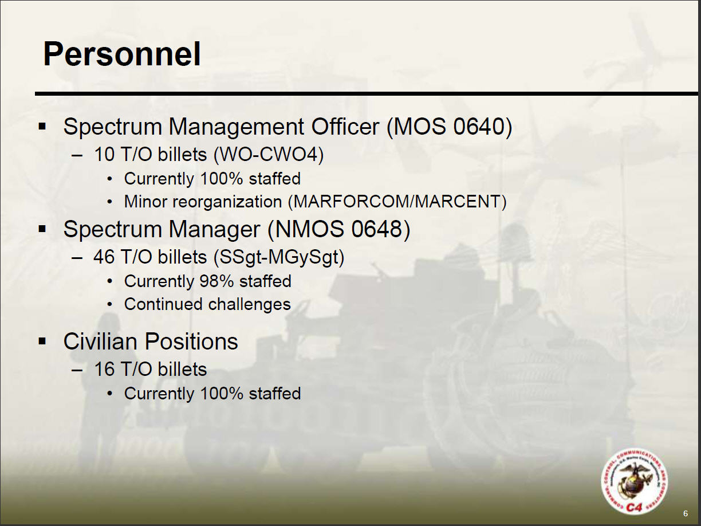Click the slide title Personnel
click(121, 54)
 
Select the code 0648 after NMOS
click(377, 229)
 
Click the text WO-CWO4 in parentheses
click(269, 155)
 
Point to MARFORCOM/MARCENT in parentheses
click(397, 202)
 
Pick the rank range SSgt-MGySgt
click(279, 257)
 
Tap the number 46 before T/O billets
click(104, 257)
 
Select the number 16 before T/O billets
click(104, 370)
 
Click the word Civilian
click(101, 341)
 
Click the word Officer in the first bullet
click(345, 127)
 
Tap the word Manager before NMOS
click(214, 230)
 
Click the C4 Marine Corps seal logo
click(634, 482)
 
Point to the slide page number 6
click(686, 513)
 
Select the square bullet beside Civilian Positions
click(42, 341)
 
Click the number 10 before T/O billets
click(104, 155)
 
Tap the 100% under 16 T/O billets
click(222, 394)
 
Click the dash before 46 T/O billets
click(77, 258)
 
